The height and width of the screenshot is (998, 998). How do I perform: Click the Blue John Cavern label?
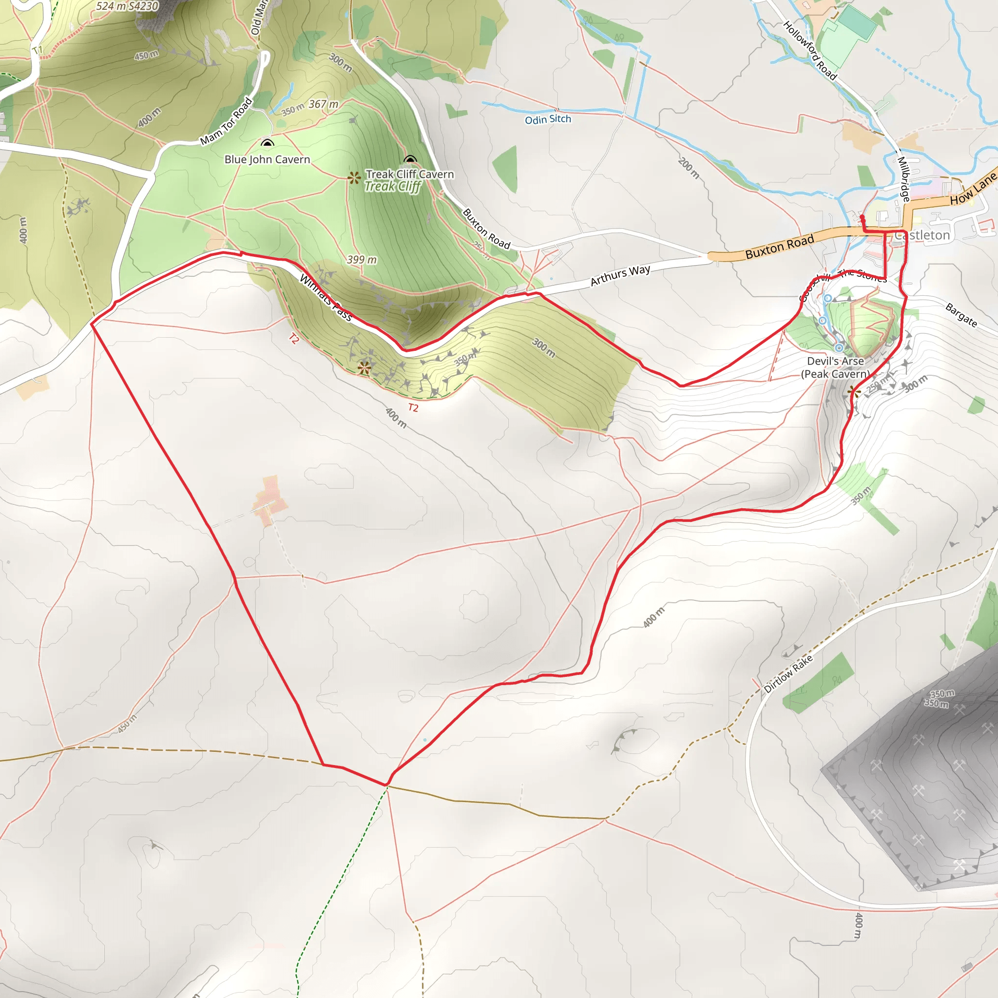[x=267, y=160]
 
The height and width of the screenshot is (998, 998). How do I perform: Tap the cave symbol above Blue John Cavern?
[x=267, y=143]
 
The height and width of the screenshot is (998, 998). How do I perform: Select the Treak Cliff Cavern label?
[x=410, y=174]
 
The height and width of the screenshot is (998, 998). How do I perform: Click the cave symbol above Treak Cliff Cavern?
[x=410, y=159]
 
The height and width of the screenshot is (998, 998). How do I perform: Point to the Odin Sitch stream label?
[x=548, y=119]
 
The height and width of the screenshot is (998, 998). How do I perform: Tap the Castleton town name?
[x=922, y=235]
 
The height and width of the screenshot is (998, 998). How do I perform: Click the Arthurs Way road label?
[x=620, y=275]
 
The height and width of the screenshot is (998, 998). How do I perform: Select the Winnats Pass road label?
[x=326, y=298]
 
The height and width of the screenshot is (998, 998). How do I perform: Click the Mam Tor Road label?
[x=226, y=121]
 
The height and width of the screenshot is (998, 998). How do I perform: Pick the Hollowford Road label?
[x=809, y=50]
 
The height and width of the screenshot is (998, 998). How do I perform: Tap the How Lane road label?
[x=973, y=190]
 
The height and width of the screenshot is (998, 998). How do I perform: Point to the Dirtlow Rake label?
[x=788, y=673]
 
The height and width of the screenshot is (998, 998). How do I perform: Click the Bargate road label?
[x=961, y=315]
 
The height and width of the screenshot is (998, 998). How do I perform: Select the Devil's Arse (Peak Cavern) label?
[x=835, y=367]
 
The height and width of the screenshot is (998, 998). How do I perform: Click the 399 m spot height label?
[x=362, y=259]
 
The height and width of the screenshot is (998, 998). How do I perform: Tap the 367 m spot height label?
[x=324, y=104]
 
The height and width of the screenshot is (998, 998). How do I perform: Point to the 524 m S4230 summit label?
[x=127, y=6]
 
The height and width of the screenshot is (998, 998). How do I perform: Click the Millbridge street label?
[x=903, y=179]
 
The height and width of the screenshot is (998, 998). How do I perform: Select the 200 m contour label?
[x=689, y=169]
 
